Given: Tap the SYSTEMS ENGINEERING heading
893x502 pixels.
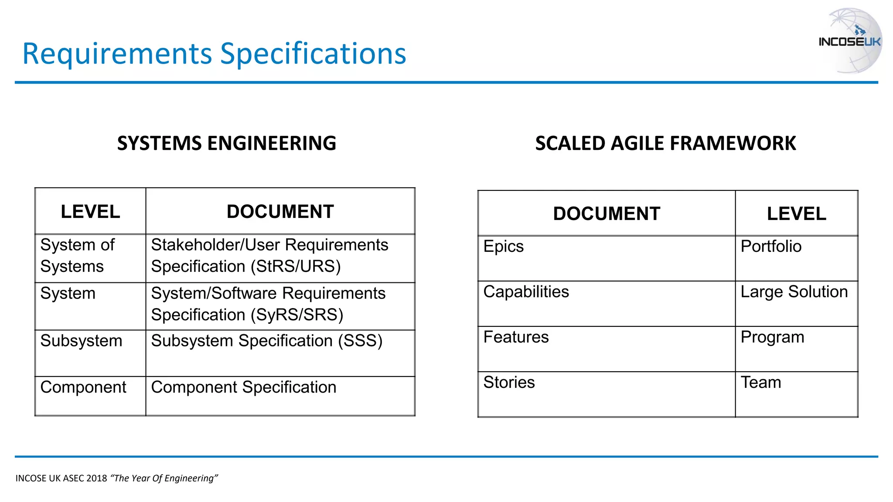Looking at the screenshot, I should [x=226, y=143].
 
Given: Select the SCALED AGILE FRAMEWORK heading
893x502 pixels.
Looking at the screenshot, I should [x=665, y=143].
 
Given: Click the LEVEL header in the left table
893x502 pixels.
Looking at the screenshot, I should [x=90, y=212].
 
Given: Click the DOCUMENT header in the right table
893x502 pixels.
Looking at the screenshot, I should [x=607, y=214].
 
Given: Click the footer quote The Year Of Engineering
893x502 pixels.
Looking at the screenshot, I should [x=164, y=478].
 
